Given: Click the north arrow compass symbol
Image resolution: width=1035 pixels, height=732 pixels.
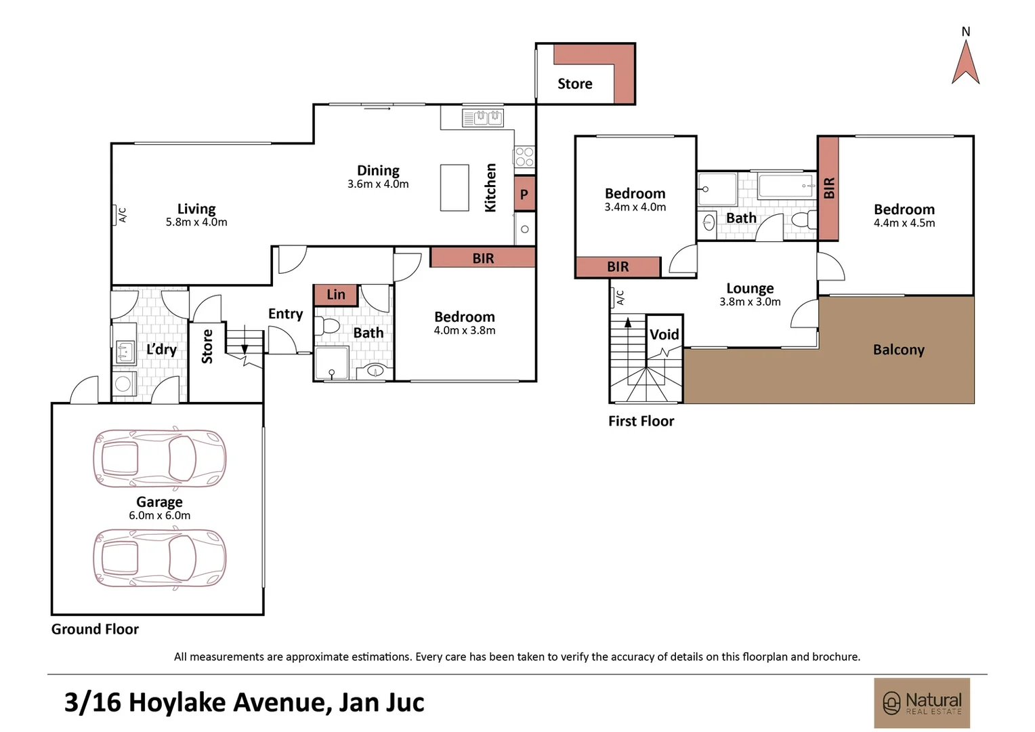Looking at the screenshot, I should click(965, 62).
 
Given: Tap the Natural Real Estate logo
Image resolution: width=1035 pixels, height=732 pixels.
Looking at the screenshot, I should click(922, 702).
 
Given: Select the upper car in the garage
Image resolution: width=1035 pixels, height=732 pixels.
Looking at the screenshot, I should click(159, 459).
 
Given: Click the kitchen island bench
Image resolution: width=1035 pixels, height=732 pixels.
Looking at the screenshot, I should click(455, 188).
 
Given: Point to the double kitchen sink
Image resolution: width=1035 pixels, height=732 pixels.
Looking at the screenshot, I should click(483, 118).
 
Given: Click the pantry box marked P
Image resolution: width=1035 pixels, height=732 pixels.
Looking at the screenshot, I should click(524, 195).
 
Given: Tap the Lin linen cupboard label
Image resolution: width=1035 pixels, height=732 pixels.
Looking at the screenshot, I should click(336, 295).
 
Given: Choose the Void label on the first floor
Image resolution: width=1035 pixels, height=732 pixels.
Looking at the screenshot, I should click(664, 334).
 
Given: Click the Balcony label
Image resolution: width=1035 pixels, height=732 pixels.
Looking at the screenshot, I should click(898, 350).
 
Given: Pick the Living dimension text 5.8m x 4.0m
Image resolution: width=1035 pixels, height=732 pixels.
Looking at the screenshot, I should click(196, 222).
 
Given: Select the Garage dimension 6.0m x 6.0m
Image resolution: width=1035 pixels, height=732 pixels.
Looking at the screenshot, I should click(160, 516).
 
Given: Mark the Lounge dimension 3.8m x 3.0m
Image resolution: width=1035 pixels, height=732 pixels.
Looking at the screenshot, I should click(750, 302).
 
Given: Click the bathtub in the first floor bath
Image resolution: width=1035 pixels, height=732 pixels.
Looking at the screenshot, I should click(786, 185).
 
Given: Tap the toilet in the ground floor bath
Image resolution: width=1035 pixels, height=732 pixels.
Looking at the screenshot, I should click(329, 327).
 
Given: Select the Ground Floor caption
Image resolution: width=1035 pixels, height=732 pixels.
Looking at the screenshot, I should click(95, 629).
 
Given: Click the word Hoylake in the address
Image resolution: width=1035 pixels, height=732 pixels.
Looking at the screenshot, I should click(177, 702).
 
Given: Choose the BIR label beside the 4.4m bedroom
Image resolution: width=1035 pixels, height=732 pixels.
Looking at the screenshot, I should click(828, 188).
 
